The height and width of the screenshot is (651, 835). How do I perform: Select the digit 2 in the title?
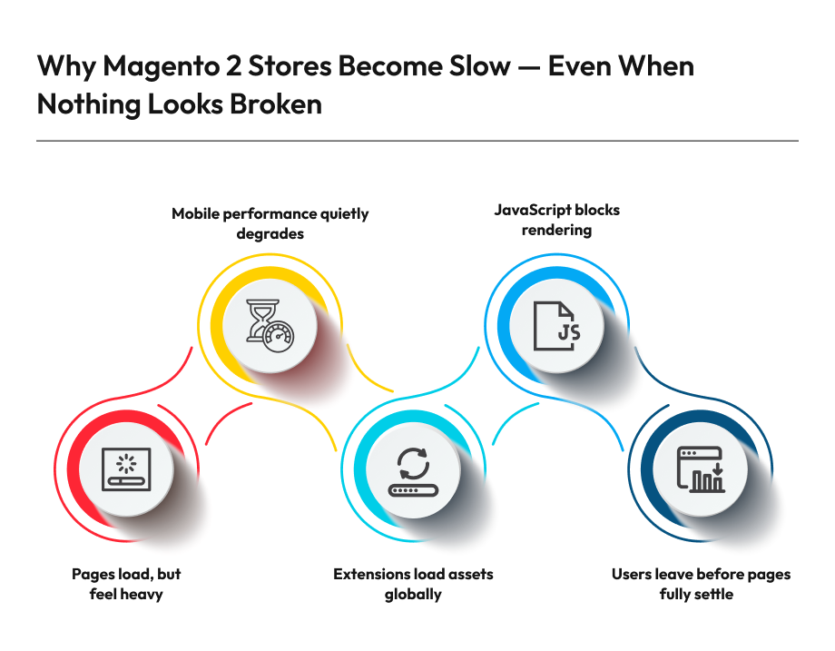235,67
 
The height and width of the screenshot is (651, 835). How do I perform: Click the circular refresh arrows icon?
413,470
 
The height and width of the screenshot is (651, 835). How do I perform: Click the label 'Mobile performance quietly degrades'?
270,223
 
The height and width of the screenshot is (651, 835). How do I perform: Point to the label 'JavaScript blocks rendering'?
556,220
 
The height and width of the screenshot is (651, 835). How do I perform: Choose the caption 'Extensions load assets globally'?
413,584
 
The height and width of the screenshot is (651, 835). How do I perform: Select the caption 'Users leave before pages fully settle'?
700,584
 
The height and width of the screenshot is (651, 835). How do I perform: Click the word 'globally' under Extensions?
413,595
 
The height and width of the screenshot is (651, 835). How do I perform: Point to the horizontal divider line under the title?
417,141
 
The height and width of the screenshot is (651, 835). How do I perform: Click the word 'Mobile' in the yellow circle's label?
197,214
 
